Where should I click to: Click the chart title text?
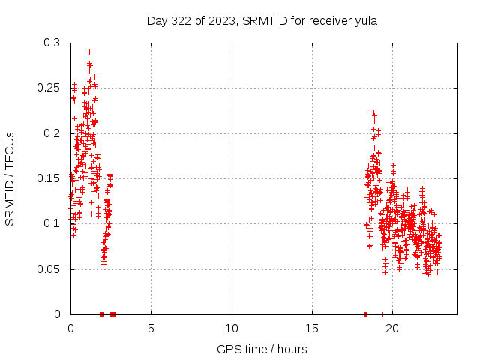pos(261,20)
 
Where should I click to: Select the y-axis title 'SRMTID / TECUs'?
pos(10,178)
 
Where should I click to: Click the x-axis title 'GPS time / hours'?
pos(262,349)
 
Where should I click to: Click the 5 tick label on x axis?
pos(151,328)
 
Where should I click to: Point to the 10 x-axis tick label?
pos(232,328)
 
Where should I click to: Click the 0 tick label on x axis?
pos(70,328)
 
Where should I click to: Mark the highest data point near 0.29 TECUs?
pos(89,52)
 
